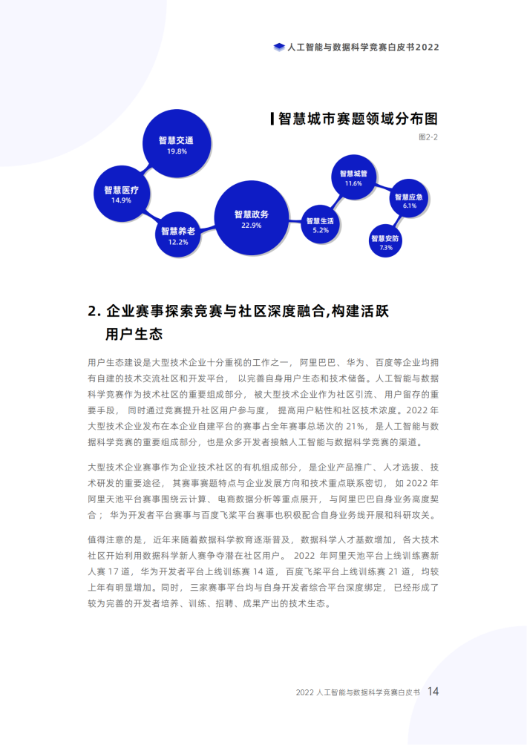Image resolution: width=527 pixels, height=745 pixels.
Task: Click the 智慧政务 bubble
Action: [x=252, y=218]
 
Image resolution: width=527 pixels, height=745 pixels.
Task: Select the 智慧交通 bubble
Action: [x=177, y=143]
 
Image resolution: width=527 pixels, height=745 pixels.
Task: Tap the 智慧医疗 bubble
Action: [x=122, y=194]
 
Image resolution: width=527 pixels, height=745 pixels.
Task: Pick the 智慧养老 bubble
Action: [x=177, y=234]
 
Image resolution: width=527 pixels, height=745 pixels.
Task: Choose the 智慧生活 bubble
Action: [x=321, y=224]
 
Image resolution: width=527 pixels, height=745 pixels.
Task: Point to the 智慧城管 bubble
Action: [x=353, y=177]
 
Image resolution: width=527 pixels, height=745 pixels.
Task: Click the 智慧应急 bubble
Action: [x=409, y=200]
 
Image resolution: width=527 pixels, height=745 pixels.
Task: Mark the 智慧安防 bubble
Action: [x=385, y=240]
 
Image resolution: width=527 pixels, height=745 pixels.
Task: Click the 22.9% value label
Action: [x=252, y=226]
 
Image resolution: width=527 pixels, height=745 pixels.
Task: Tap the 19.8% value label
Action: [x=177, y=151]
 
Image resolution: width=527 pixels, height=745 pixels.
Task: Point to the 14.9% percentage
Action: [x=121, y=200]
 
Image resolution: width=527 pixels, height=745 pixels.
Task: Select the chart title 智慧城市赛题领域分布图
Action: [x=358, y=119]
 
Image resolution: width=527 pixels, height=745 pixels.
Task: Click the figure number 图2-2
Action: [x=428, y=137]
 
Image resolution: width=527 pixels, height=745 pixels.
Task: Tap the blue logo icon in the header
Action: [x=279, y=47]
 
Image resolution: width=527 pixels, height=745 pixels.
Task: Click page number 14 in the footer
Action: [x=433, y=692]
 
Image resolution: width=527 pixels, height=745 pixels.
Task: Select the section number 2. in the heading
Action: [x=94, y=312]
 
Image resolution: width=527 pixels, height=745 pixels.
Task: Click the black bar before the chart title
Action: [x=272, y=119]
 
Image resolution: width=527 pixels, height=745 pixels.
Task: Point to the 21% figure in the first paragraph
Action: [x=356, y=426]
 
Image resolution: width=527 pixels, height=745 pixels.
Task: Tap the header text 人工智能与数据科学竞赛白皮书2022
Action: [x=363, y=47]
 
